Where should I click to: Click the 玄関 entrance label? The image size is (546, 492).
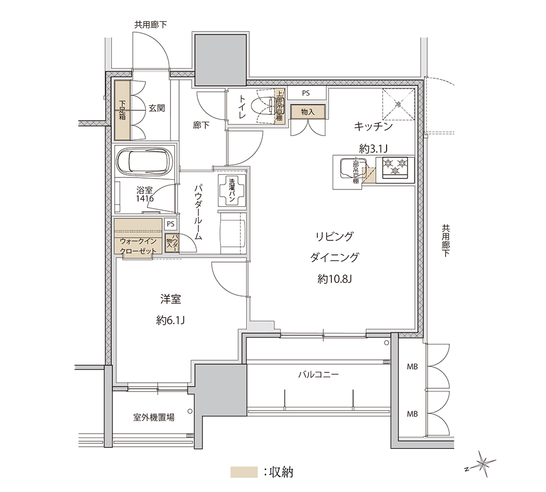157,108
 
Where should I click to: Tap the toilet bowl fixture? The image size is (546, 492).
265,105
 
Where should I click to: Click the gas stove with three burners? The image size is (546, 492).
395,168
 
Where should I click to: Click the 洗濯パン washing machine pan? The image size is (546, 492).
232,190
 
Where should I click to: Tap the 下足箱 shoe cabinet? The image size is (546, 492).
122,110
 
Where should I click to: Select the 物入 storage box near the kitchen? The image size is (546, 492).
308,112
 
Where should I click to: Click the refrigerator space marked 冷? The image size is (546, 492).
399,104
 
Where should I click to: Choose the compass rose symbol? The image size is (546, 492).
482,464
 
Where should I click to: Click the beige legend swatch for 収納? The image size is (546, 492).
244,472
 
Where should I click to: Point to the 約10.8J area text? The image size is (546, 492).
334,279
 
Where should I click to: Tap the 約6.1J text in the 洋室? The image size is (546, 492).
170,320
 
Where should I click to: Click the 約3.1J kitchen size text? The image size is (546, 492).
373,149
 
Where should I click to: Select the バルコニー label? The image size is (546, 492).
319,375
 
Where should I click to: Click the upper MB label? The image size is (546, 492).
412,366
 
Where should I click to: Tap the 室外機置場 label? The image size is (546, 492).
154,417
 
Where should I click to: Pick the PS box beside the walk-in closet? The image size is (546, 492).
170,224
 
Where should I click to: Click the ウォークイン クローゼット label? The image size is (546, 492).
138,246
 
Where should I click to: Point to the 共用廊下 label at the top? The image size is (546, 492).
151,25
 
